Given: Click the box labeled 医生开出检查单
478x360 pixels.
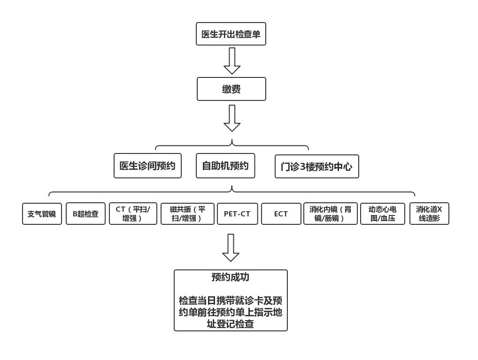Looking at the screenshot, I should click(231, 34).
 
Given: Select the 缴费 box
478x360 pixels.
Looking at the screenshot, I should click(231, 89).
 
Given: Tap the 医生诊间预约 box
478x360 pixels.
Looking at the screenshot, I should click(147, 166).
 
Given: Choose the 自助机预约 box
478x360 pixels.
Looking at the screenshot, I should click(225, 166).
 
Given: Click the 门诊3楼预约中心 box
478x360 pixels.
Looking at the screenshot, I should click(316, 167).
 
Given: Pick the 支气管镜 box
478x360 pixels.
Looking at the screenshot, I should click(42, 214).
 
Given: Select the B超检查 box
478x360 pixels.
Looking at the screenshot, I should click(85, 214).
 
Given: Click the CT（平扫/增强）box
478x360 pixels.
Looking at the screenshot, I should click(133, 214).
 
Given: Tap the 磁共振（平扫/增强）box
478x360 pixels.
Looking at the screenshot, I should click(187, 214).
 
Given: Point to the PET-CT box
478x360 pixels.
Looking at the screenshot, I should click(237, 214).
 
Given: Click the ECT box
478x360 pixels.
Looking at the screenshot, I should click(281, 214).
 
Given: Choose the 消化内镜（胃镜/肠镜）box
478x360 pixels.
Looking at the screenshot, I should click(330, 214).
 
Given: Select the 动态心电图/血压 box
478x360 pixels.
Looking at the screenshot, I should click(382, 214).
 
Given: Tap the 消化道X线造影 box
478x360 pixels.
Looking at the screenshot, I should click(429, 214).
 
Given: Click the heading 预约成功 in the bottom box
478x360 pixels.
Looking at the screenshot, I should click(230, 277).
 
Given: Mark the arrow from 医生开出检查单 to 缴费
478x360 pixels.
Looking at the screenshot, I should click(232, 61).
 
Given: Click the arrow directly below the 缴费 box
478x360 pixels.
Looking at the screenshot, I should click(232, 118).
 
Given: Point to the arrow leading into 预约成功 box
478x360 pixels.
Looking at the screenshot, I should click(231, 247).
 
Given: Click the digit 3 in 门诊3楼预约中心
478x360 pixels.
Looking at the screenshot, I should click(303, 167).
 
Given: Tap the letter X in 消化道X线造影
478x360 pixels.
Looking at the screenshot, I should click(439, 209).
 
